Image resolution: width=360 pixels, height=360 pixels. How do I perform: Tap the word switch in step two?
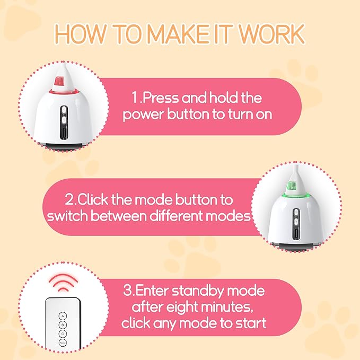[67, 217]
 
